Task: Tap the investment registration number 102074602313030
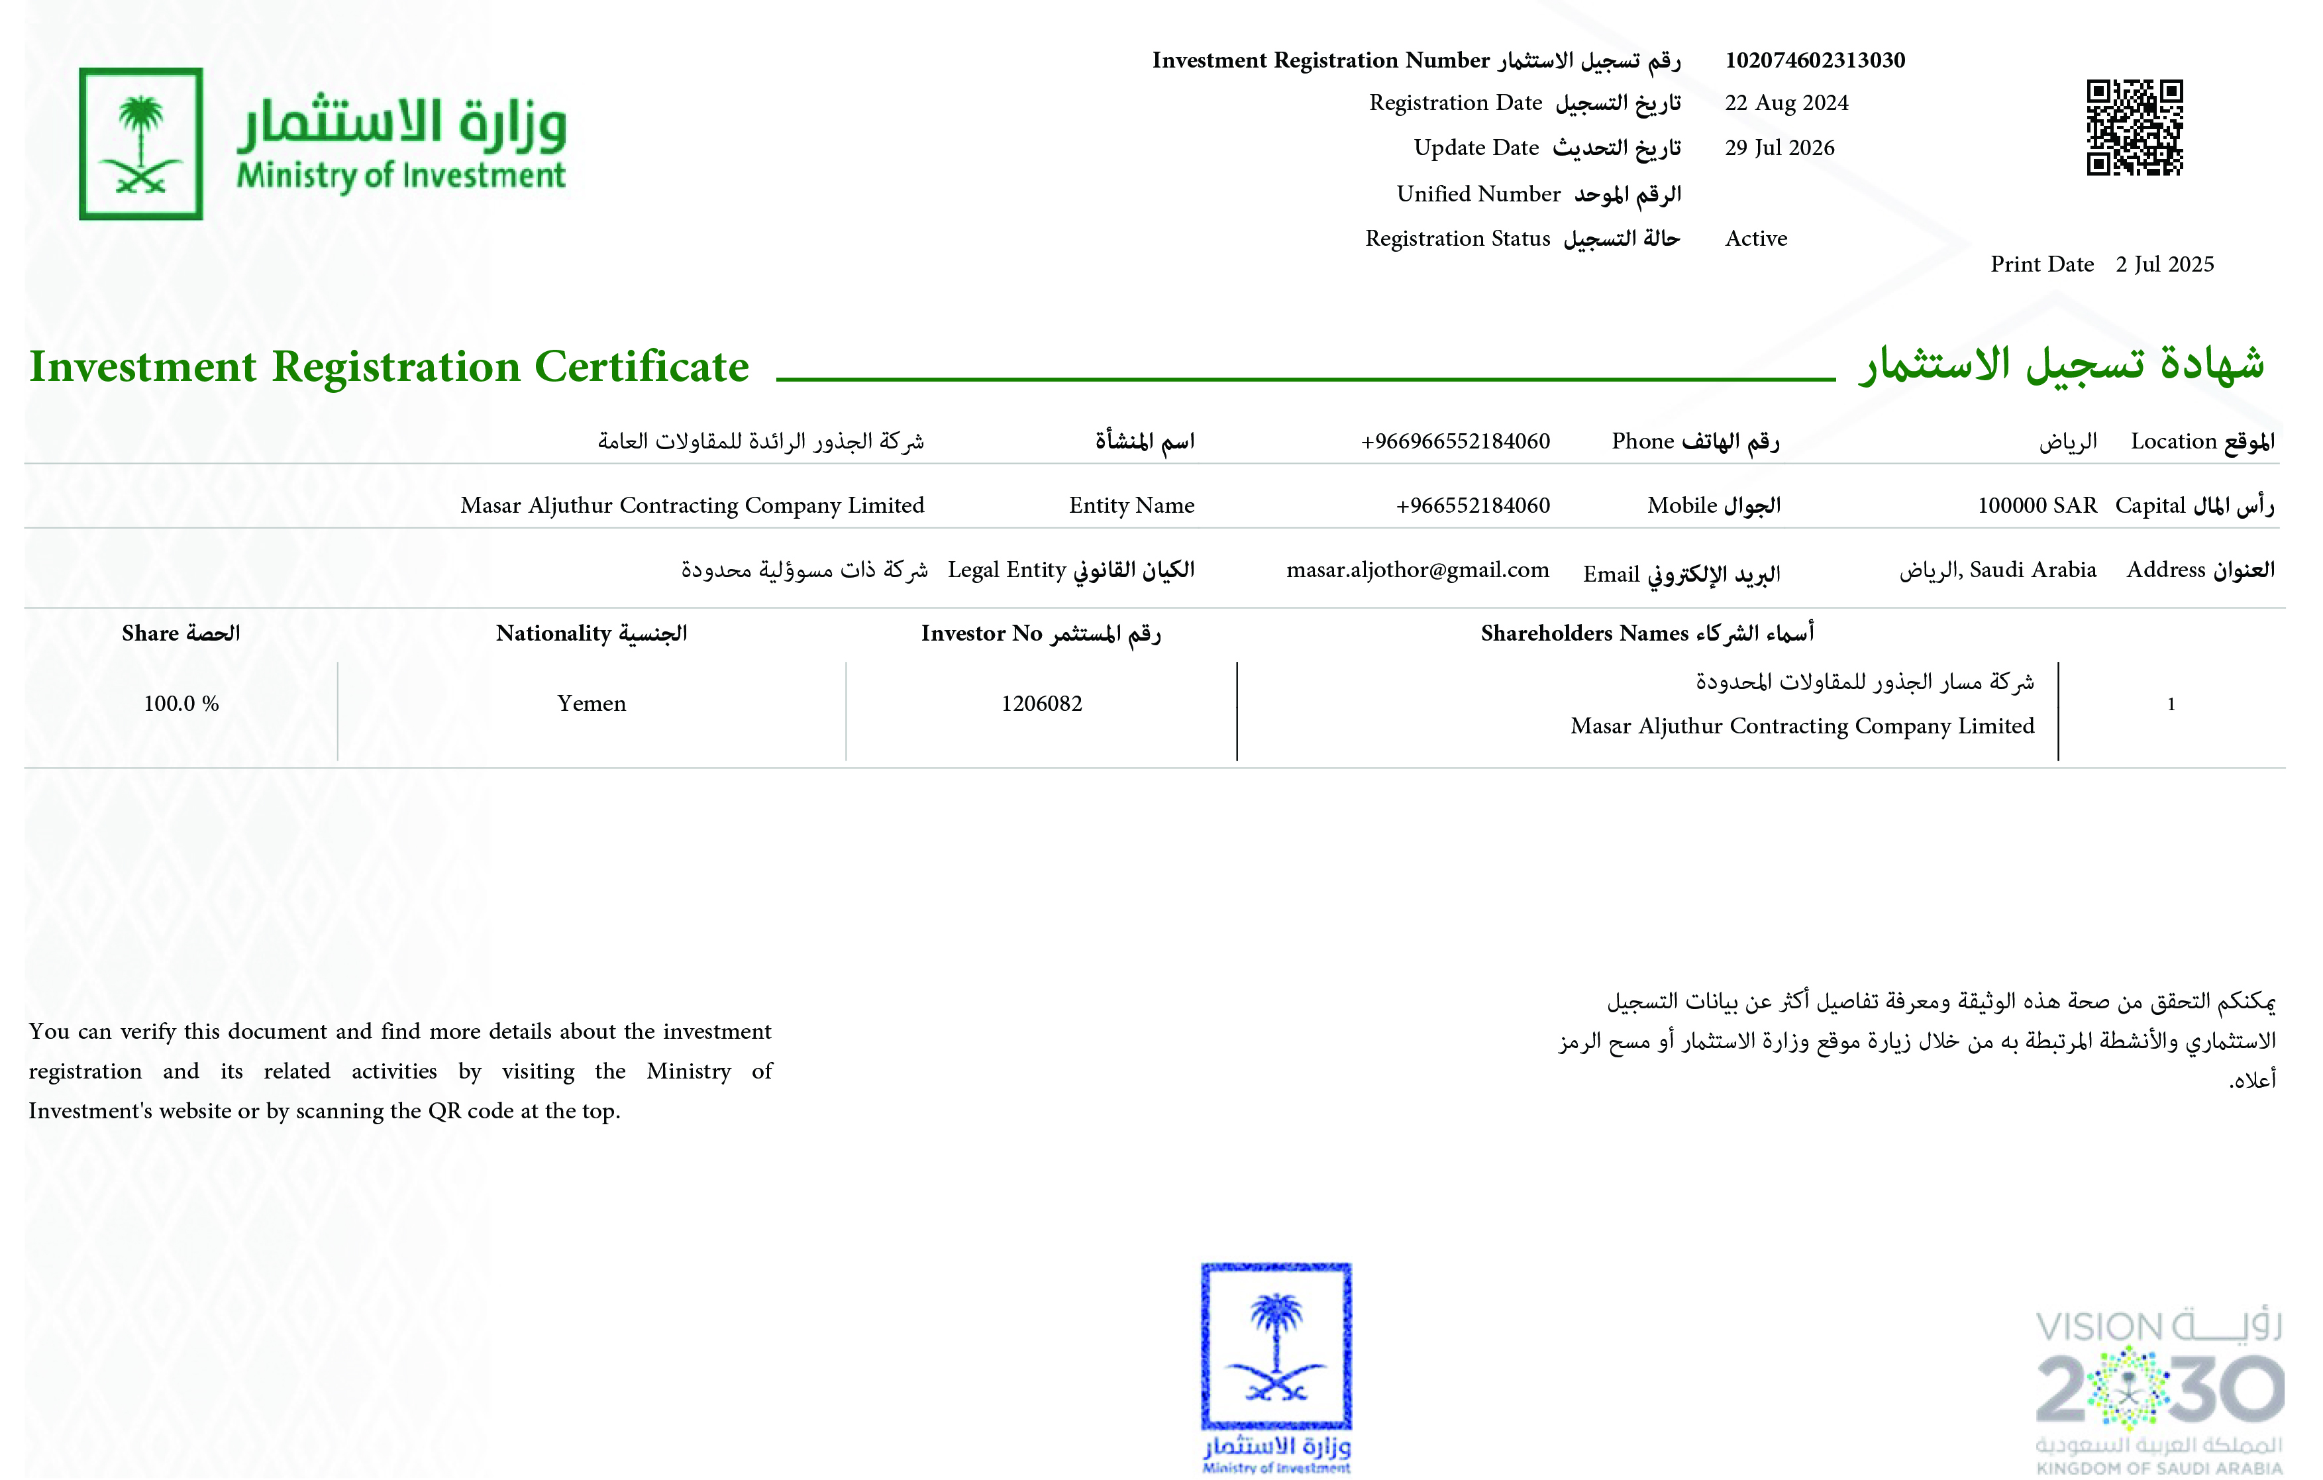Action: (x=1814, y=60)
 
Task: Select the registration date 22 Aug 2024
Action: (x=1786, y=103)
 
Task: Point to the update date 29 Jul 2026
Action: (x=1779, y=148)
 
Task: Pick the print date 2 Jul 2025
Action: (x=2164, y=264)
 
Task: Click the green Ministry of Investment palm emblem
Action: (x=141, y=144)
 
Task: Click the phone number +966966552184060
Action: (x=1455, y=442)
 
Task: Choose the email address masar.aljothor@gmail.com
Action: (x=1417, y=570)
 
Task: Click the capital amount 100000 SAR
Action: (x=2036, y=505)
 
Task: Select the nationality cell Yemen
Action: (x=592, y=704)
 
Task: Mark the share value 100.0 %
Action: (x=181, y=704)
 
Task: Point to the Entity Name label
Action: (x=1131, y=505)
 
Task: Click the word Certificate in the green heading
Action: (x=642, y=366)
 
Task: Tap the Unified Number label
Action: (x=1478, y=194)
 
